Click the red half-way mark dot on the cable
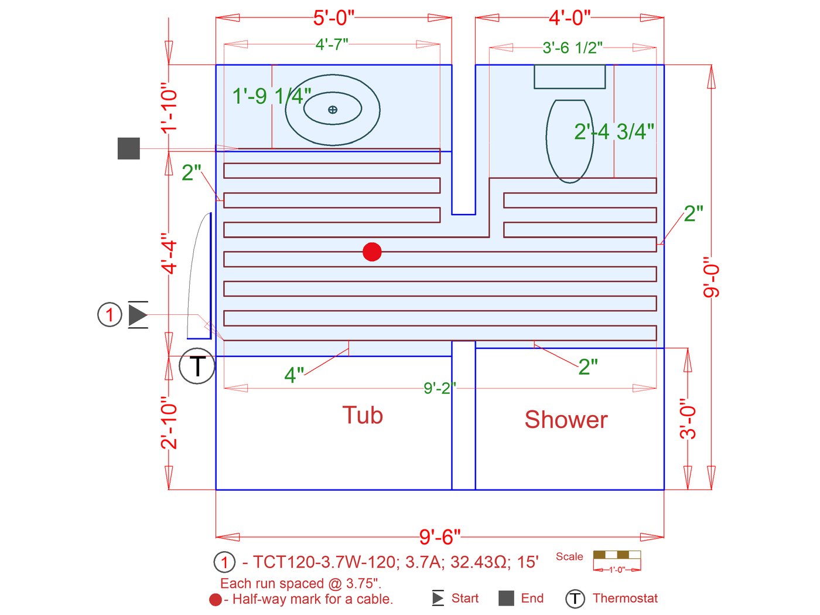372,252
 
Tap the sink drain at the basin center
333,110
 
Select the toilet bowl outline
569,141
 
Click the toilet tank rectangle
569,77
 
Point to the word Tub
363,415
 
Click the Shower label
566,420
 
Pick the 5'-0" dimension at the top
334,18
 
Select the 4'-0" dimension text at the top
569,18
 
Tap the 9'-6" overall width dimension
440,536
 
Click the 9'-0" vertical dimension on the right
710,277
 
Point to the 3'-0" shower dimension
688,419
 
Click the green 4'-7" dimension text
332,44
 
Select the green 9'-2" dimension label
439,388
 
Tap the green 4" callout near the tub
294,375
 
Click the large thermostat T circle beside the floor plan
197,366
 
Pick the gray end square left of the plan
129,148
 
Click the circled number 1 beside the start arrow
110,315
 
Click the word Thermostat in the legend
625,598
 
